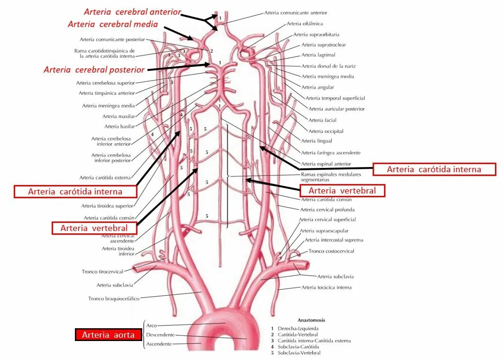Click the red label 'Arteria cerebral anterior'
click(132, 12)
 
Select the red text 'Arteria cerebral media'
click(112, 24)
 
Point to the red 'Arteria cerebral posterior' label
click(94, 70)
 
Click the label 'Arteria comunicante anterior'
click(295, 13)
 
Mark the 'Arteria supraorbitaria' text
click(316, 35)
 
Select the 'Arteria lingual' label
click(317, 141)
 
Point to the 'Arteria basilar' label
click(119, 127)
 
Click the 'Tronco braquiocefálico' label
click(114, 299)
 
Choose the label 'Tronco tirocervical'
click(102, 272)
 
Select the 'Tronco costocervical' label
click(331, 251)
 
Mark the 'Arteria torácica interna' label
click(326, 287)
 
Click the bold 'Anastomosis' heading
click(311, 320)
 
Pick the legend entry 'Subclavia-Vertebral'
click(299, 353)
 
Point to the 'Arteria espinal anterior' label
click(326, 164)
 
